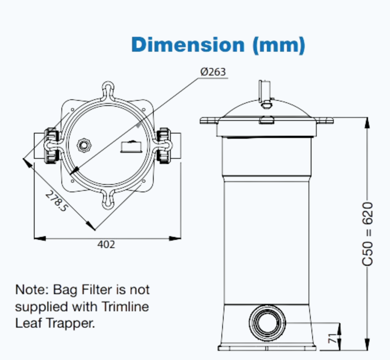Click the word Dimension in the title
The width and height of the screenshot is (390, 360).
click(x=188, y=45)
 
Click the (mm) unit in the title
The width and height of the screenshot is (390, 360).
click(x=279, y=45)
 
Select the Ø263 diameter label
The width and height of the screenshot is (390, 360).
click(x=213, y=72)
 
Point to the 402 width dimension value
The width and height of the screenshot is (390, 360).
click(x=106, y=244)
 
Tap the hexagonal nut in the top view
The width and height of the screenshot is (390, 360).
click(x=83, y=144)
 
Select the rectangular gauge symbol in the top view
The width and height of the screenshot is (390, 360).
click(x=131, y=147)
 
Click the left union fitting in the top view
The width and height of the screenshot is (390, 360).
click(x=51, y=145)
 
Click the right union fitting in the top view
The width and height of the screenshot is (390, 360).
click(x=163, y=145)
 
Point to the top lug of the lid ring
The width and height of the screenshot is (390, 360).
click(x=108, y=90)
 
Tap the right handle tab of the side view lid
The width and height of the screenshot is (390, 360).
click(x=324, y=120)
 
